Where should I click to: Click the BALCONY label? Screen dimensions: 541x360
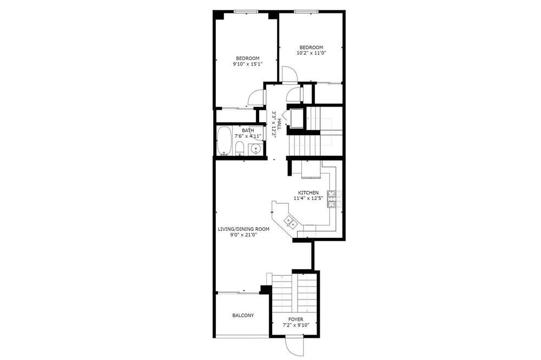[x=243, y=315]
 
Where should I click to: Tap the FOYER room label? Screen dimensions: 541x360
[x=296, y=319]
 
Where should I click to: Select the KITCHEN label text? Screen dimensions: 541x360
[x=308, y=192]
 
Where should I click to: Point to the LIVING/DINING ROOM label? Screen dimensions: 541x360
[x=243, y=229]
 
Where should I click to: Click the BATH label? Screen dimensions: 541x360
[x=248, y=130]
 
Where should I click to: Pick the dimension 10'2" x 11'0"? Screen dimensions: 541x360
[x=311, y=53]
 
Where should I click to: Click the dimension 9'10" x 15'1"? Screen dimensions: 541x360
[x=248, y=64]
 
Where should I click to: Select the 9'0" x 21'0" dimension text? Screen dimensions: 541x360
[x=244, y=235]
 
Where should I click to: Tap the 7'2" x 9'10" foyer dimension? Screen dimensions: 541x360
[x=296, y=325]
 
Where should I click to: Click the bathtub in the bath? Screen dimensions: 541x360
[x=225, y=141]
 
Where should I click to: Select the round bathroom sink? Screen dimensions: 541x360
[x=255, y=149]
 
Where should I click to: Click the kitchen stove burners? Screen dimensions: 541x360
[x=331, y=199]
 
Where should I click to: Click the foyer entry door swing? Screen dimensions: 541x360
[x=294, y=345]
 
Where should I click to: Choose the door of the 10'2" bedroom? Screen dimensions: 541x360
[x=289, y=74]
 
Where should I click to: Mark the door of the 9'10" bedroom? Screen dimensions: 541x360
[x=256, y=98]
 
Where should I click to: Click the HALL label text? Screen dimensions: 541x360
[x=279, y=124]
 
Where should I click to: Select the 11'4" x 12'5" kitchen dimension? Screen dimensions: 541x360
[x=308, y=198]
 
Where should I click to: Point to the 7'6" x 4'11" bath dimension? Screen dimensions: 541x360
[x=248, y=136]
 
